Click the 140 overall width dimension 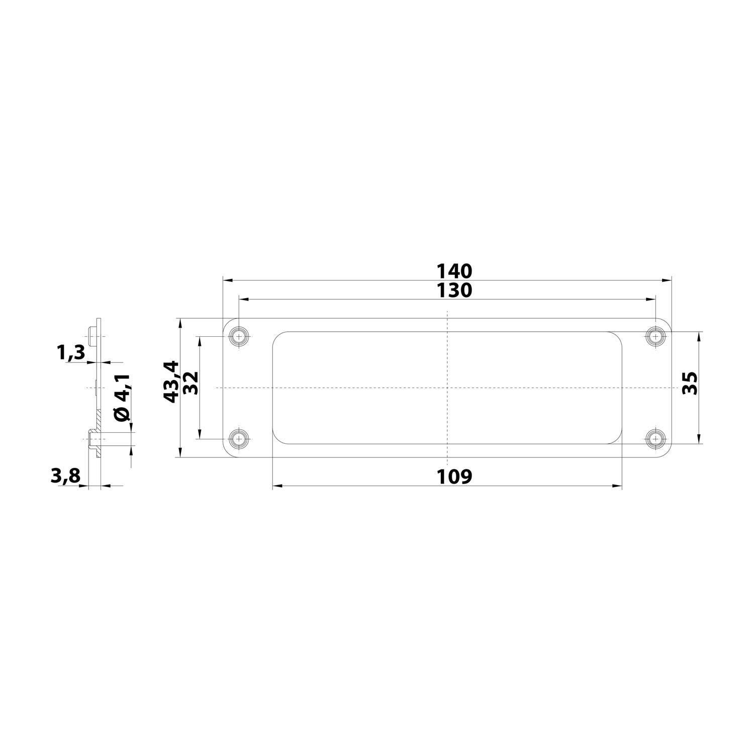[x=454, y=271]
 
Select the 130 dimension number [x=454, y=290]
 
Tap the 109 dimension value [x=454, y=476]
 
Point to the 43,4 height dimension [x=172, y=381]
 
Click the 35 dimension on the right [x=689, y=383]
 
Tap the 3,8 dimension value [x=65, y=476]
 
